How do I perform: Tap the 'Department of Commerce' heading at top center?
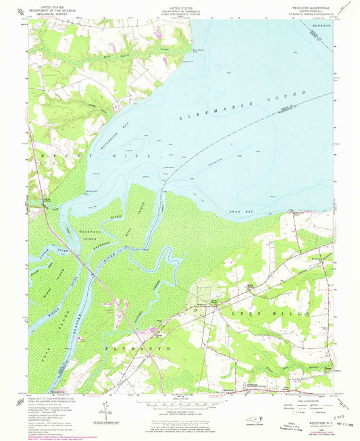180,9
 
